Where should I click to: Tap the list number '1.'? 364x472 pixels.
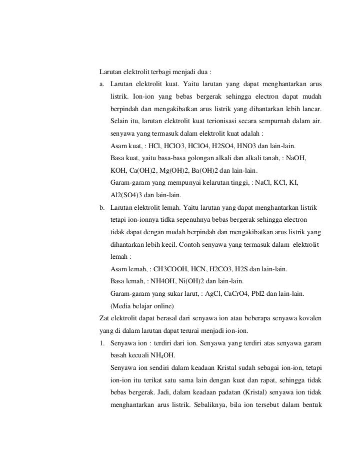(102, 342)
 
